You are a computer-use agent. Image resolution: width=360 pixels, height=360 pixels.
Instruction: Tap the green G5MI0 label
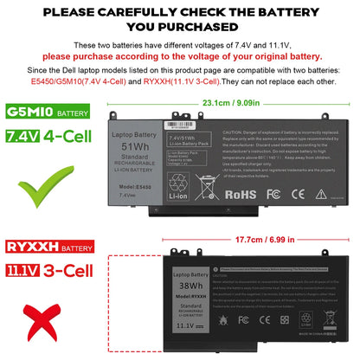(x=28, y=112)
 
